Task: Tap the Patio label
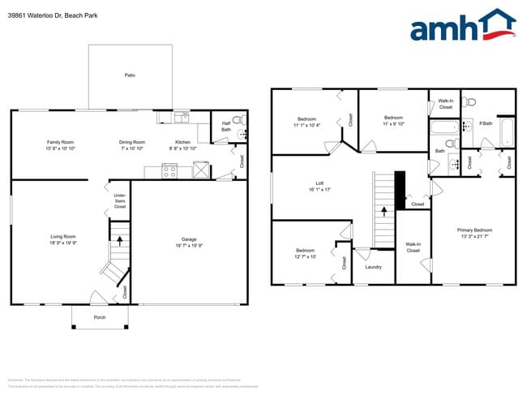pyautogui.click(x=130, y=75)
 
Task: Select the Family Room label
pyautogui.click(x=61, y=142)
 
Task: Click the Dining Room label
pyautogui.click(x=132, y=142)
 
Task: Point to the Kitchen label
pyautogui.click(x=182, y=142)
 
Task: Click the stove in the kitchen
pyautogui.click(x=170, y=170)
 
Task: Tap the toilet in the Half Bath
pyautogui.click(x=238, y=122)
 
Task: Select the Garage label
pyautogui.click(x=189, y=239)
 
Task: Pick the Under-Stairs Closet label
pyautogui.click(x=119, y=200)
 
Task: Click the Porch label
pyautogui.click(x=100, y=317)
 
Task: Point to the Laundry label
pyautogui.click(x=373, y=267)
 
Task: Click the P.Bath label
pyautogui.click(x=486, y=123)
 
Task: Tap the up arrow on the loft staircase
pyautogui.click(x=383, y=215)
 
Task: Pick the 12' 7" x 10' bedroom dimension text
pyautogui.click(x=305, y=256)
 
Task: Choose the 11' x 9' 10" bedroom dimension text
pyautogui.click(x=393, y=124)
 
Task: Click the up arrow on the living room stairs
pyautogui.click(x=120, y=240)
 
